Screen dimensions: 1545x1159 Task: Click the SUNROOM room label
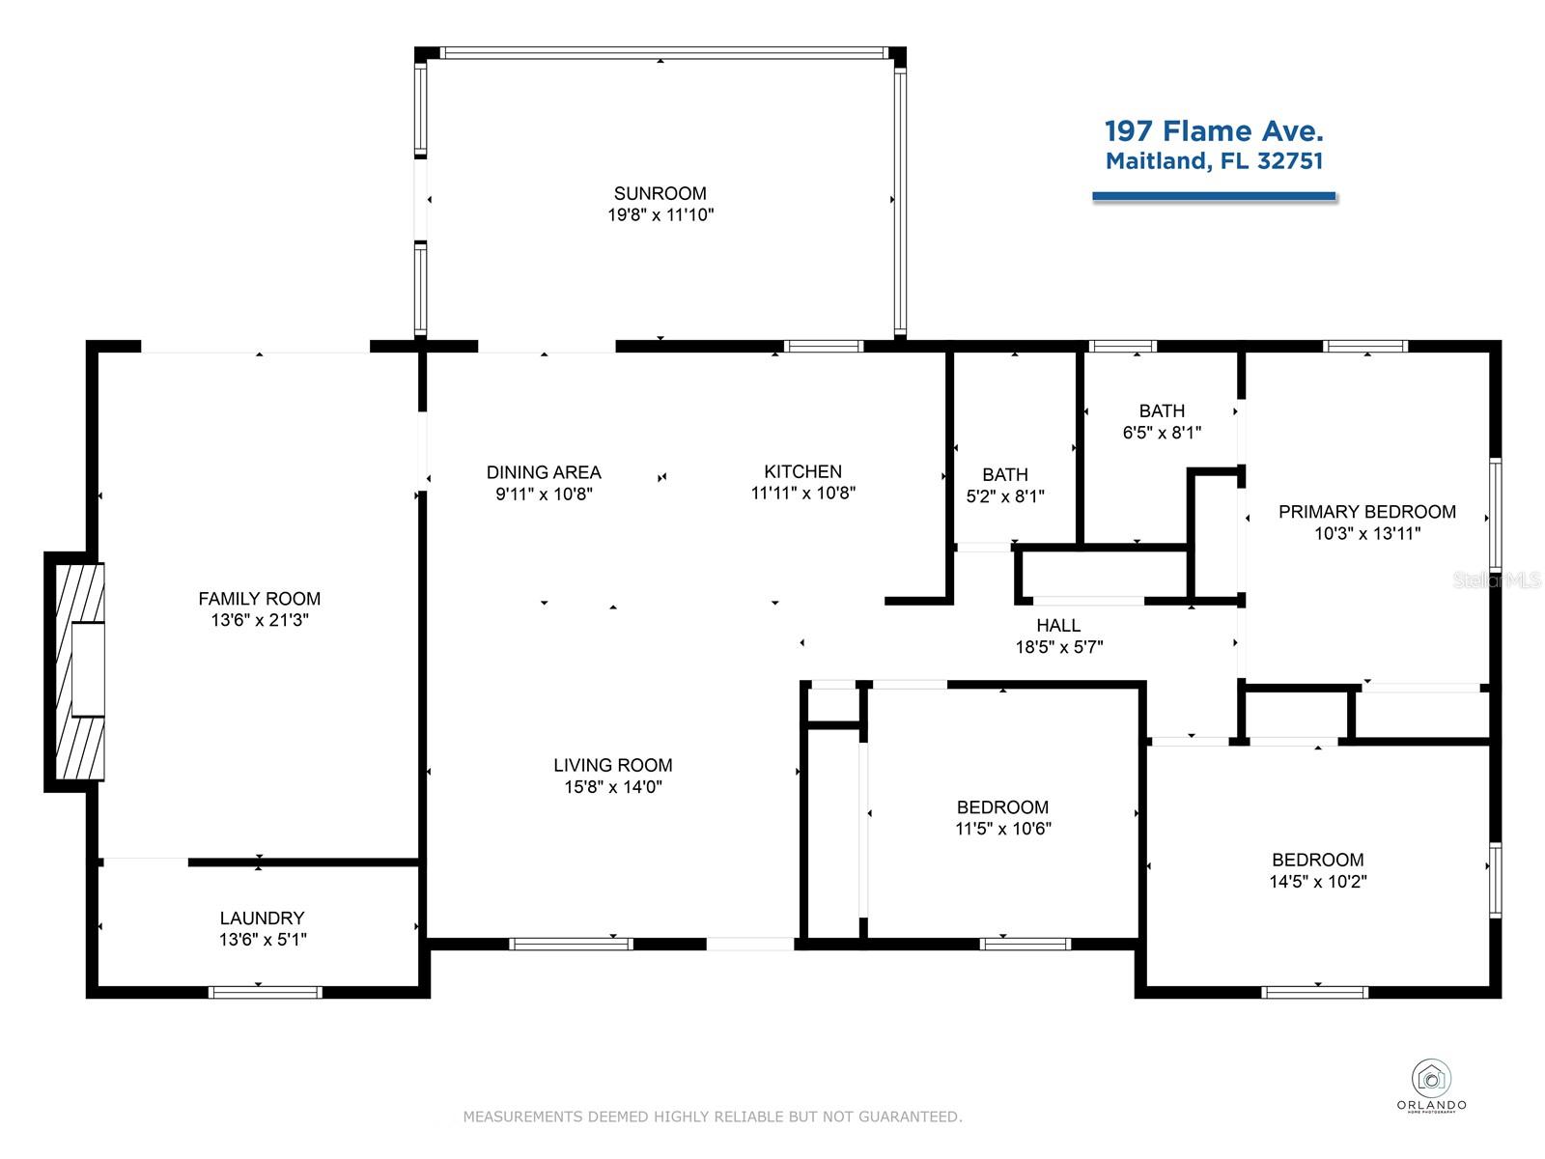click(660, 193)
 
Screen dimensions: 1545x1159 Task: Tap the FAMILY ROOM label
click(259, 598)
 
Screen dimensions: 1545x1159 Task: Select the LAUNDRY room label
click(262, 918)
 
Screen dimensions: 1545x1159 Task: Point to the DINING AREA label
click(544, 471)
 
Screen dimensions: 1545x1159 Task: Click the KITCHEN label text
click(802, 470)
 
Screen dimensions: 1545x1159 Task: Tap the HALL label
click(1058, 625)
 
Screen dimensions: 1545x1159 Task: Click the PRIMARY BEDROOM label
click(1367, 512)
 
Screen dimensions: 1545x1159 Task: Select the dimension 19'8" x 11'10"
click(660, 214)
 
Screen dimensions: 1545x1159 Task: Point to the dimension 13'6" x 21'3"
click(260, 619)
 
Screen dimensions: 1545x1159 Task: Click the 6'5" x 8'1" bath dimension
click(1162, 432)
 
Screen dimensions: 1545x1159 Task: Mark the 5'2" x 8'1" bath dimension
click(1005, 496)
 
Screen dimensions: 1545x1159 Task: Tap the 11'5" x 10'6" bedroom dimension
click(1002, 829)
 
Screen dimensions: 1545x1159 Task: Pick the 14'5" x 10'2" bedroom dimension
click(1318, 881)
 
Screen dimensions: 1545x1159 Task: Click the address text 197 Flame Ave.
click(1214, 131)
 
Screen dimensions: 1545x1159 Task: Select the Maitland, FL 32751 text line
click(1214, 161)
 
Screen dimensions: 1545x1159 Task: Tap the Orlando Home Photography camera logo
click(1431, 1079)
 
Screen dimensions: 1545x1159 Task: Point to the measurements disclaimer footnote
click(713, 1117)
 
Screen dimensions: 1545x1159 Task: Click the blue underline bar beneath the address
click(1214, 196)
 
